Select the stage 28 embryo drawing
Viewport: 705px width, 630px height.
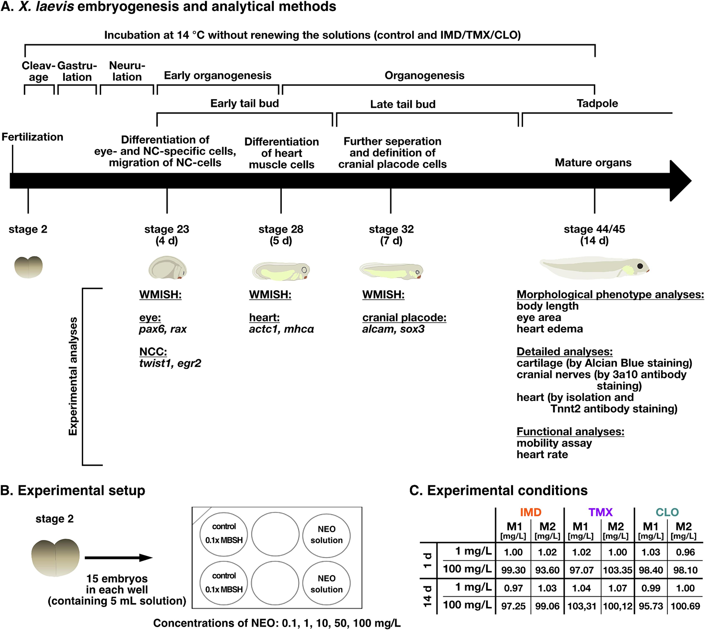tap(281, 271)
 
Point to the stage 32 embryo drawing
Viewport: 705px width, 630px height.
tap(391, 271)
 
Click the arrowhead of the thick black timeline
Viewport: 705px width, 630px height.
tap(680, 181)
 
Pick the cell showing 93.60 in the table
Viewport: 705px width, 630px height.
tap(547, 570)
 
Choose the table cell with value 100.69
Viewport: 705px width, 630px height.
tap(685, 606)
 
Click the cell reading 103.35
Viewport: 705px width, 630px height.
tap(617, 570)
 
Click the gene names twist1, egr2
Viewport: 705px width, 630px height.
tap(170, 363)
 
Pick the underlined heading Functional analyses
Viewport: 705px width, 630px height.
tap(570, 432)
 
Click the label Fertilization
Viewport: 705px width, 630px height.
tap(32, 137)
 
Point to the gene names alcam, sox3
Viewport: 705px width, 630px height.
tap(393, 329)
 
